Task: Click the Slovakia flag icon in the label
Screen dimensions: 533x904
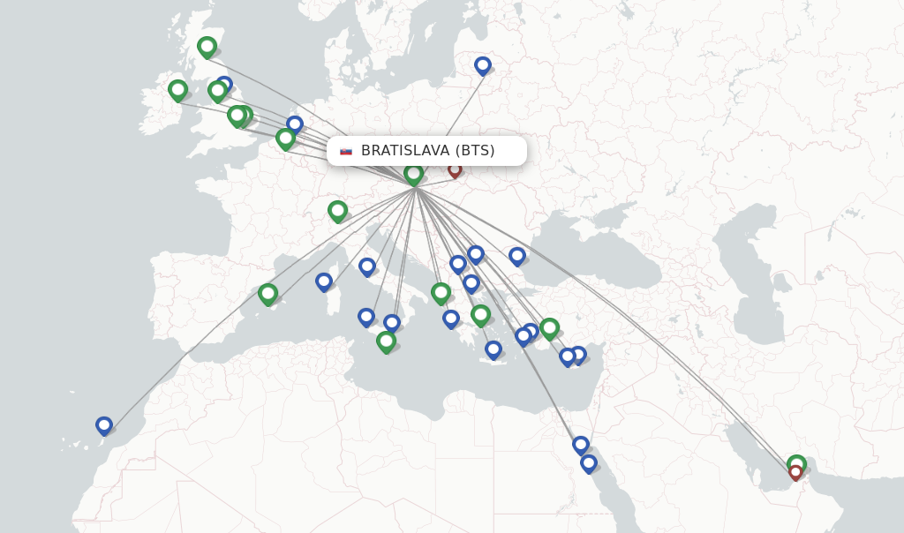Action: [x=346, y=151]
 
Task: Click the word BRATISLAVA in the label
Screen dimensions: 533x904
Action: [x=405, y=151]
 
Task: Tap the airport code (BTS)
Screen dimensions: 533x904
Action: [x=475, y=151]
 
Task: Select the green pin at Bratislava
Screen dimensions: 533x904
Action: [x=413, y=174]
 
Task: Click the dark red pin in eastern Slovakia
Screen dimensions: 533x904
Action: [x=455, y=169]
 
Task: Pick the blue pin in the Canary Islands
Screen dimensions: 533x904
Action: [x=104, y=425]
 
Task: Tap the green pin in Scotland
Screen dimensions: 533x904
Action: [x=207, y=46]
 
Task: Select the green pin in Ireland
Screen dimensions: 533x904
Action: [x=177, y=89]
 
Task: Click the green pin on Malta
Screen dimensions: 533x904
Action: [x=386, y=341]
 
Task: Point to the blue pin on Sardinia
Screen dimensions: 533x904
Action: [x=324, y=282]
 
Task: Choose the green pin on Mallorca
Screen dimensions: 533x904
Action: [x=267, y=293]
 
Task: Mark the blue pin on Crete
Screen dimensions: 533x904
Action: [x=493, y=349]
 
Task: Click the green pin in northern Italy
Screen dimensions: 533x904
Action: [x=337, y=210]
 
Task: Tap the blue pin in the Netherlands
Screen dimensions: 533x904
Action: [x=295, y=124]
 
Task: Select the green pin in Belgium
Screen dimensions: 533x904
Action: [x=285, y=138]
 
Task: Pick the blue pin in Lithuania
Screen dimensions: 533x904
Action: [x=483, y=65]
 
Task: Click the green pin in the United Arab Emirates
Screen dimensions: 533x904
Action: [x=796, y=462]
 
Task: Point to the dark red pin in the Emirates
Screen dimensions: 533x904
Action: [x=795, y=473]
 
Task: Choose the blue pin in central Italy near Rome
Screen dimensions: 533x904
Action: [x=367, y=266]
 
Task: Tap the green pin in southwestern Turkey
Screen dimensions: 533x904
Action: [x=549, y=327]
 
